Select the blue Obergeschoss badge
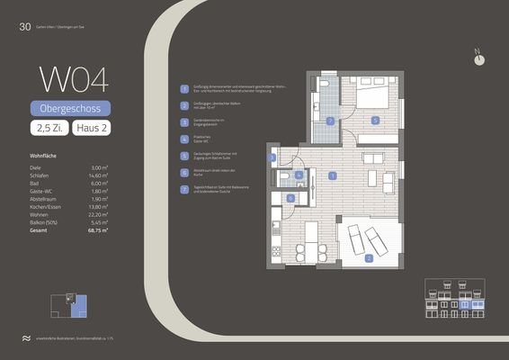click(x=73, y=109)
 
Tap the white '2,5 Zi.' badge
click(x=50, y=130)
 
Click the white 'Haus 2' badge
click(x=94, y=130)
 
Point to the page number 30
click(x=24, y=27)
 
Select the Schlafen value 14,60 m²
click(x=98, y=176)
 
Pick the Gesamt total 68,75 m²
click(x=97, y=230)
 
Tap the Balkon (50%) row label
click(x=47, y=222)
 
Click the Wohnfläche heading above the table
click(x=45, y=156)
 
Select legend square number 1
click(x=183, y=89)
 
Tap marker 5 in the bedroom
click(x=375, y=119)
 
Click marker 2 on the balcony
click(x=369, y=258)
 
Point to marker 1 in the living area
click(x=333, y=176)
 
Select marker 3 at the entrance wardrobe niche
click(x=272, y=157)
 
